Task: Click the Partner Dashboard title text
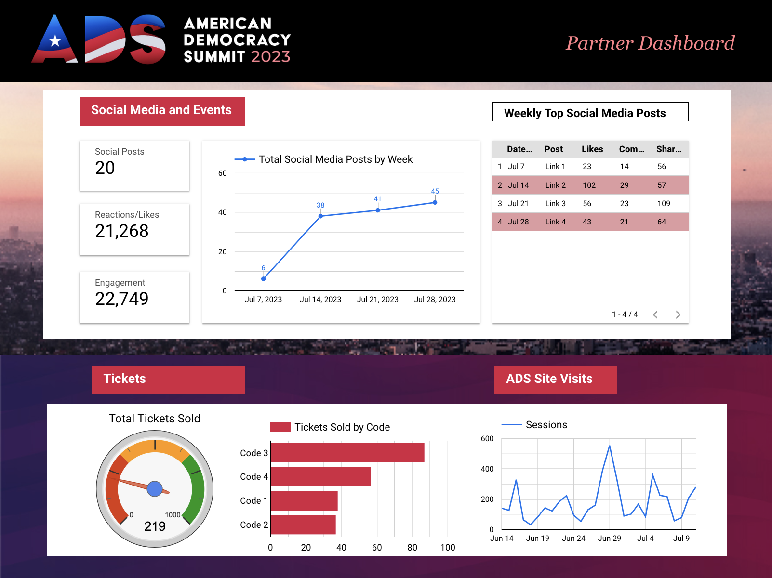click(650, 43)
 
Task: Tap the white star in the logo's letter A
click(55, 41)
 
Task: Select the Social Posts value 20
click(105, 168)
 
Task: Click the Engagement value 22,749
click(122, 299)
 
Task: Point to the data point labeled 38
click(320, 216)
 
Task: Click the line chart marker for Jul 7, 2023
click(263, 279)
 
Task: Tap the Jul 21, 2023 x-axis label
click(377, 300)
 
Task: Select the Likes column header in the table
click(592, 149)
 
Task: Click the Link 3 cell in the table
click(555, 204)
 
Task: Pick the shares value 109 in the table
click(664, 204)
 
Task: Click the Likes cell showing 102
click(589, 185)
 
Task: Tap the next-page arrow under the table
click(678, 315)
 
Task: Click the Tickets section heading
click(125, 379)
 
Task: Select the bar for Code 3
click(347, 453)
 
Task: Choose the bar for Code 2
click(303, 525)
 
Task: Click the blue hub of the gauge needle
click(155, 489)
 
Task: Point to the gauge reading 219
click(155, 526)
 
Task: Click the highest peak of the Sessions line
click(610, 446)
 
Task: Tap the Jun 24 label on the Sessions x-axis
click(573, 539)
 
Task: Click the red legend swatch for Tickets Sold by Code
click(280, 427)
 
